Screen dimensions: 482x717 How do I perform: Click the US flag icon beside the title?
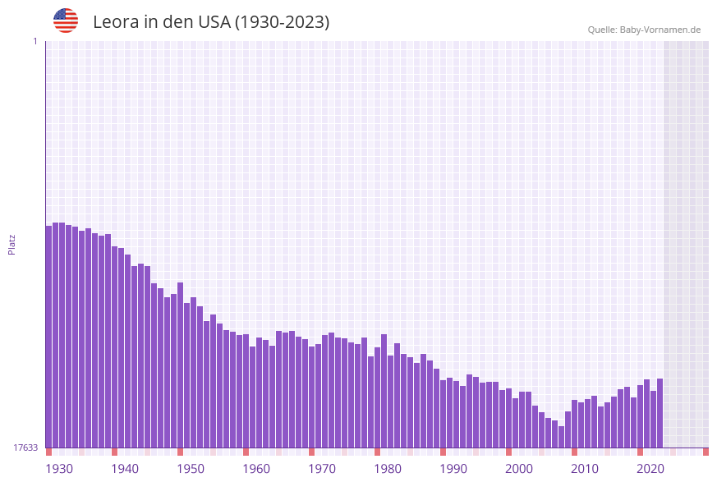click(x=66, y=21)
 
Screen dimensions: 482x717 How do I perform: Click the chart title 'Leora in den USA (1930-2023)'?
click(x=211, y=22)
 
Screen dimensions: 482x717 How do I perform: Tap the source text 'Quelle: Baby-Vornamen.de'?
click(x=644, y=30)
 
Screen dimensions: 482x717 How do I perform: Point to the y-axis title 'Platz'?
click(x=12, y=244)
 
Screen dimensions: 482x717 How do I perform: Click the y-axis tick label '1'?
click(x=34, y=41)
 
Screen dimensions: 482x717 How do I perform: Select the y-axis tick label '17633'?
click(x=25, y=448)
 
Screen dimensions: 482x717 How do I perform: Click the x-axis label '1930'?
click(x=59, y=469)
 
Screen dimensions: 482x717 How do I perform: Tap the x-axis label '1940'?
click(x=125, y=469)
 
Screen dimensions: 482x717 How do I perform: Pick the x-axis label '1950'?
click(x=191, y=469)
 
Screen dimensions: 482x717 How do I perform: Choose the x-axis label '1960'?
click(x=256, y=469)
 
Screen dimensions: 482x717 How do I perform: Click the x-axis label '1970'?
click(x=322, y=469)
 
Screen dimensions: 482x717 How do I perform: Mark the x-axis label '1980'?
click(x=388, y=469)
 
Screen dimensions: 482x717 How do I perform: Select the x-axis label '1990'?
click(x=453, y=469)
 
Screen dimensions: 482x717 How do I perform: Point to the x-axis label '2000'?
click(x=519, y=469)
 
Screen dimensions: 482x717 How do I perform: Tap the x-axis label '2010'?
click(x=585, y=469)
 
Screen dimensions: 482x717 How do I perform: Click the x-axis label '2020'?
click(x=650, y=469)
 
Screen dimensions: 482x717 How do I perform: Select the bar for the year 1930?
click(x=48, y=337)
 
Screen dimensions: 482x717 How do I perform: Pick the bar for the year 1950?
click(x=180, y=365)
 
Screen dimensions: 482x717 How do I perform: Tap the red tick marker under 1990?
click(x=443, y=452)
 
